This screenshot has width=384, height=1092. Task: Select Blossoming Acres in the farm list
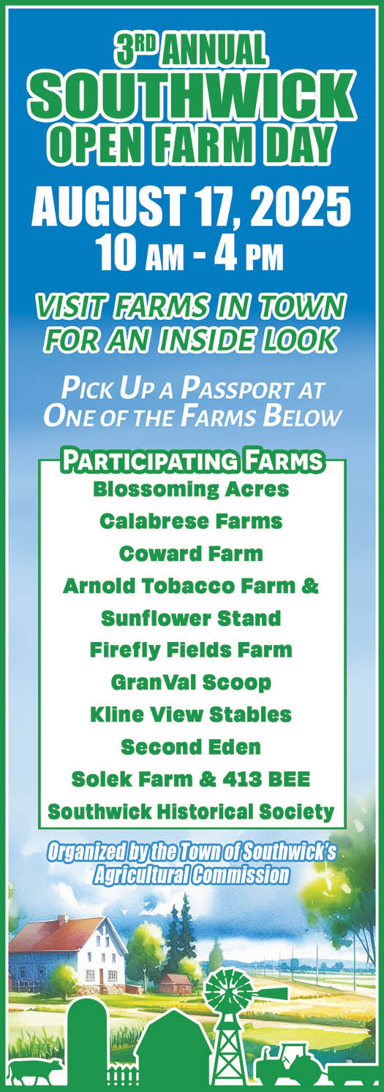pos(191,489)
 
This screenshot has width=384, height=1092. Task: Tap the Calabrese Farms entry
pos(191,521)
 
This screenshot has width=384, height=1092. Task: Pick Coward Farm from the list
pos(191,554)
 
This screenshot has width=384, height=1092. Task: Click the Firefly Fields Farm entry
pos(191,650)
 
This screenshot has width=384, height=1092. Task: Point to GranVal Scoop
pos(191,682)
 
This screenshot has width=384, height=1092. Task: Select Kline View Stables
pos(191,714)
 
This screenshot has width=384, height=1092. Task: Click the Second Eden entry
pos(191,747)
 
